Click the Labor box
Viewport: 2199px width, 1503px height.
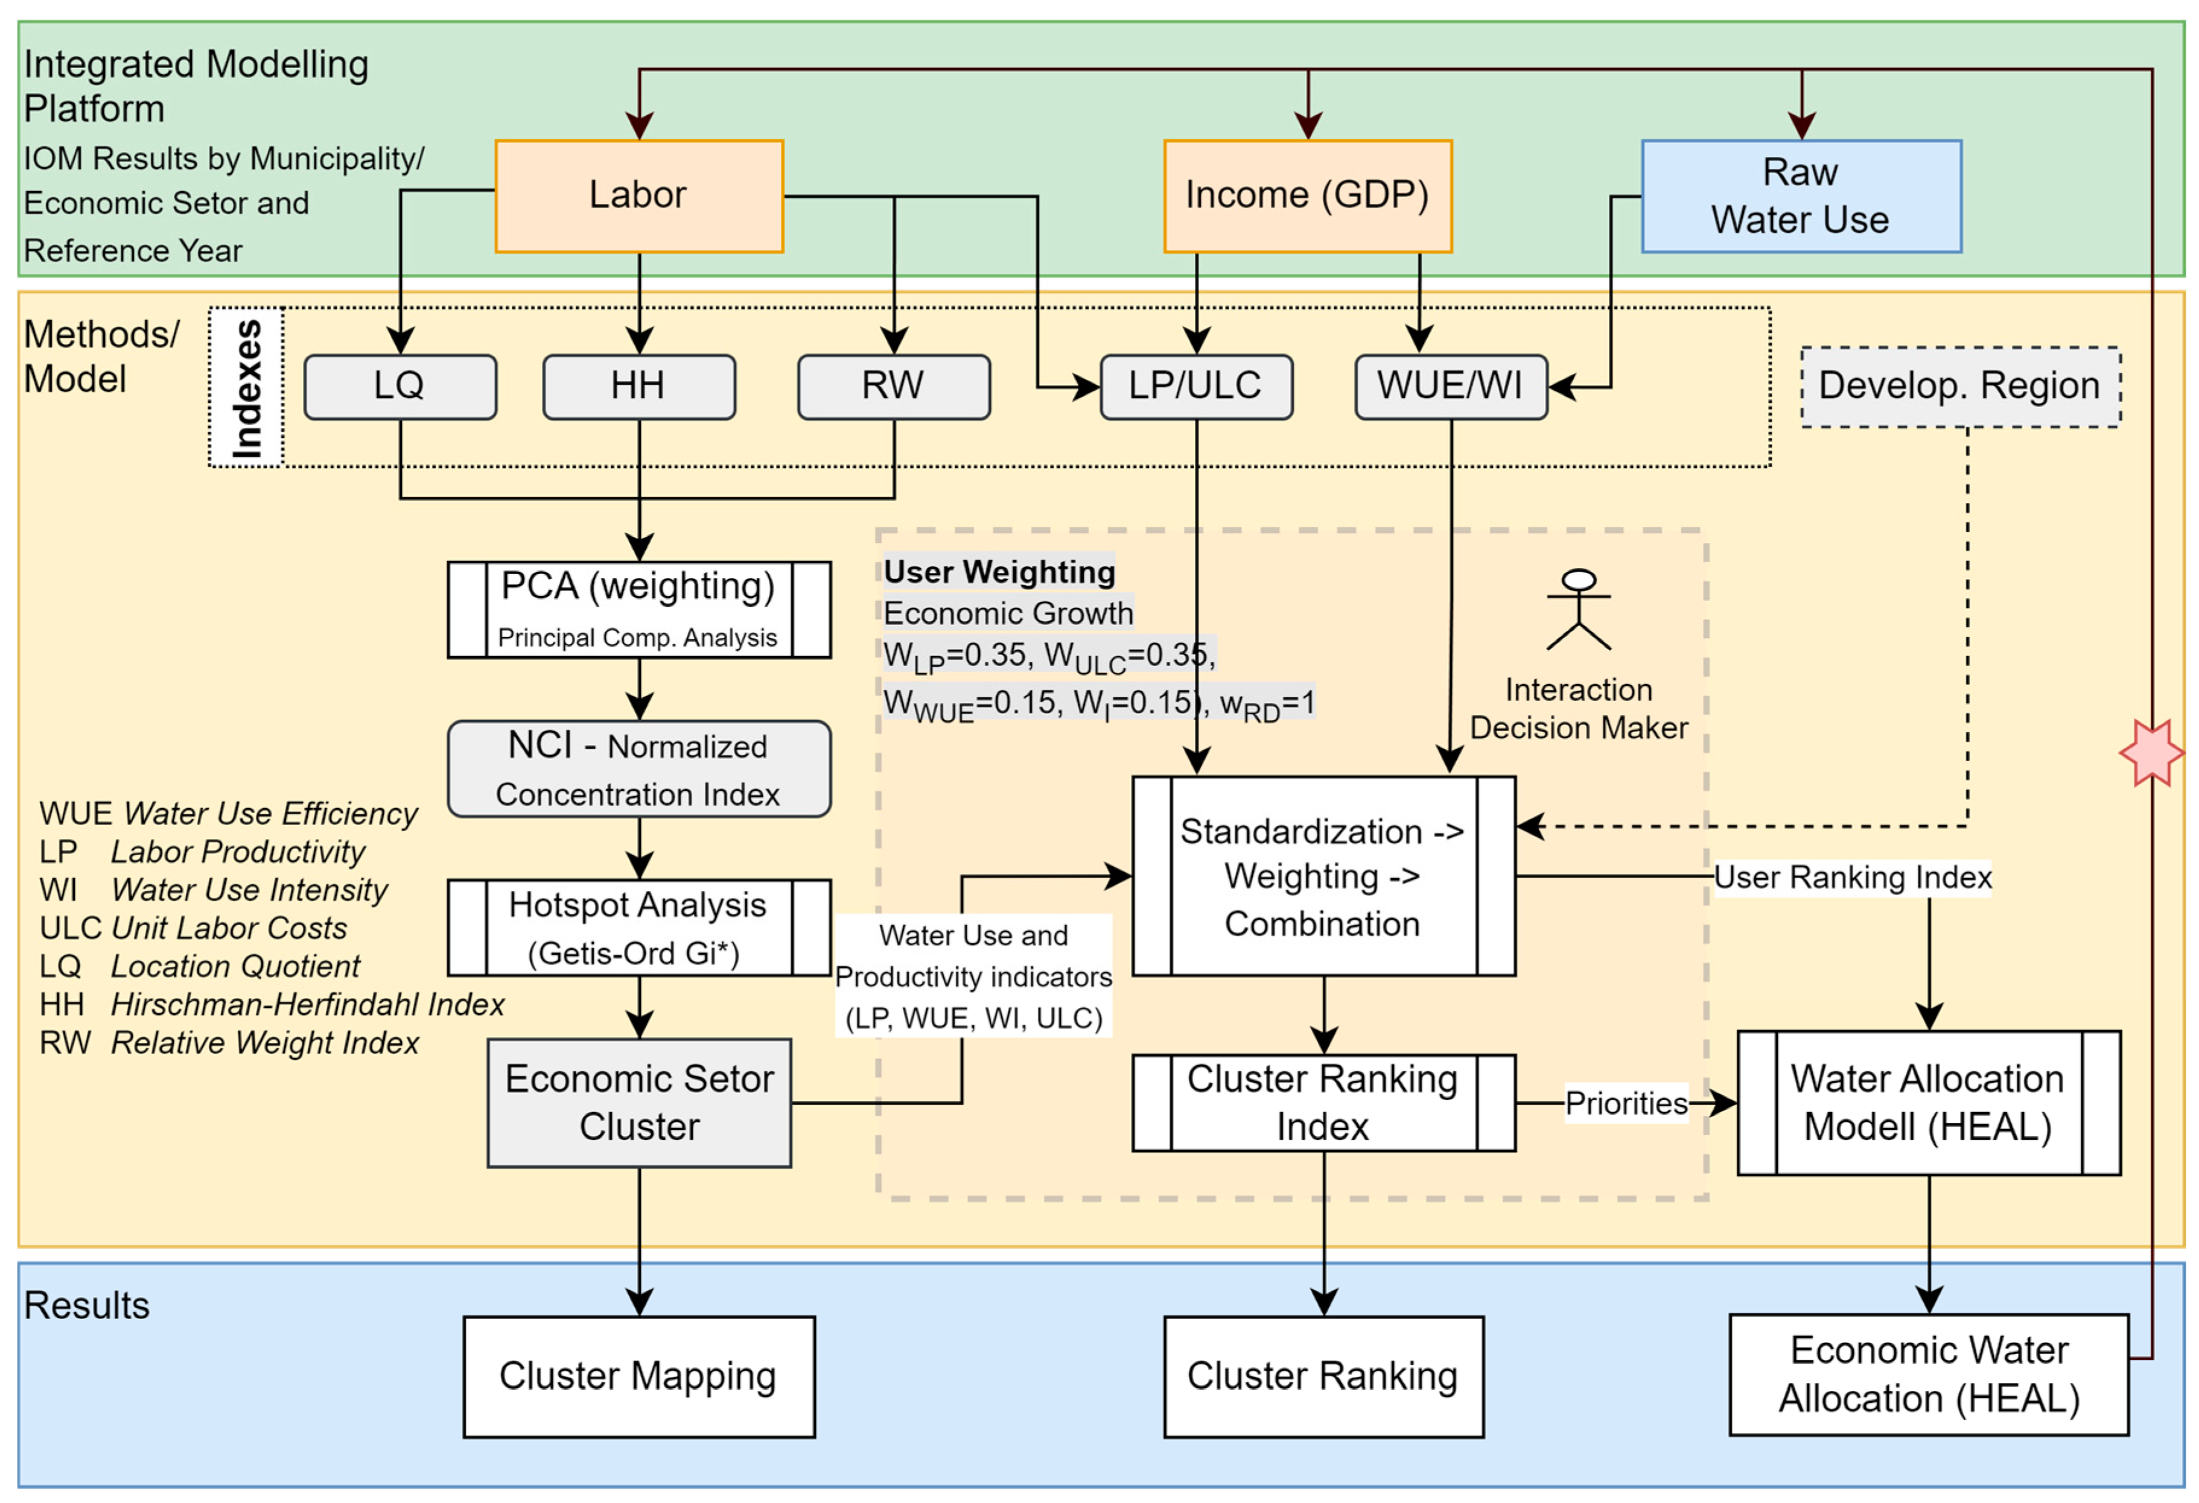click(x=638, y=196)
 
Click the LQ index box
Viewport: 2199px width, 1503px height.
click(x=399, y=386)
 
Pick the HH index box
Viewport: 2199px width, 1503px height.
click(x=638, y=386)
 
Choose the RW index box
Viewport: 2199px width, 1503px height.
click(x=893, y=386)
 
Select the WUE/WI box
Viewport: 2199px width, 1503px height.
click(x=1451, y=386)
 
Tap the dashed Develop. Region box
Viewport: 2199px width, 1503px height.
click(x=1959, y=386)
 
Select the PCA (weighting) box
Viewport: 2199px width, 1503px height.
click(x=638, y=609)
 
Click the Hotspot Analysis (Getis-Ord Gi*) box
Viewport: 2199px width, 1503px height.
click(x=638, y=927)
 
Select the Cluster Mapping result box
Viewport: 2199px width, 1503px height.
click(x=638, y=1376)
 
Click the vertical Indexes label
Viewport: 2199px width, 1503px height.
click(x=246, y=388)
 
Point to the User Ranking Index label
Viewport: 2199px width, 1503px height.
click(x=1852, y=877)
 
